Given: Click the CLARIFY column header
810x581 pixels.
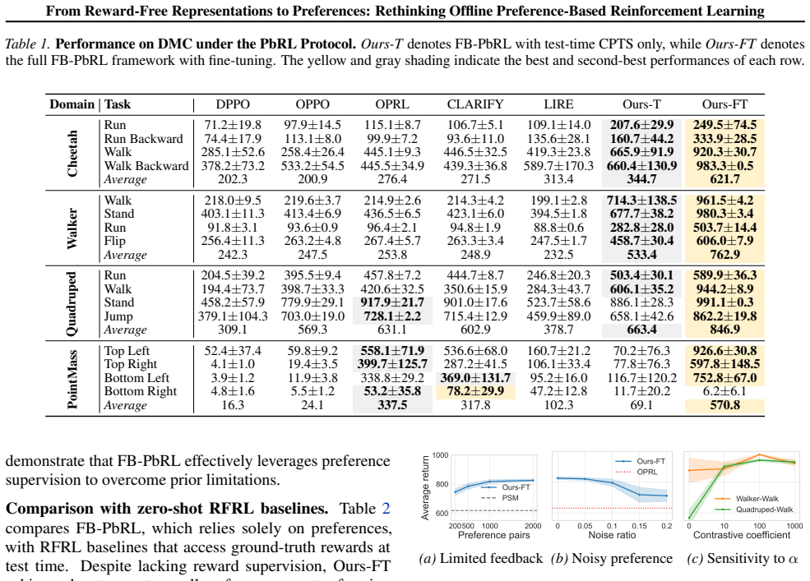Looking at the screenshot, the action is (474, 104).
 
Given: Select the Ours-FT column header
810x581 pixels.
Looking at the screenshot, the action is (724, 104).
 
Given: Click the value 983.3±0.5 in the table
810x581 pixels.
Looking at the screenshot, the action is (724, 166).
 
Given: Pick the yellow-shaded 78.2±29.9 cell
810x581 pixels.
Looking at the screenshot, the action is (475, 391).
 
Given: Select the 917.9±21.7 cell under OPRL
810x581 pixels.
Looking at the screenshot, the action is (392, 302).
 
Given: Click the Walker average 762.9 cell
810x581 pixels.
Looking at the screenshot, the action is (724, 255).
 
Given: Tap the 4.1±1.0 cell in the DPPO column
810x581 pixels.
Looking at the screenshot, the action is (233, 364).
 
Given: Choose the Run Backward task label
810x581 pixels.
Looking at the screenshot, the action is (144, 139).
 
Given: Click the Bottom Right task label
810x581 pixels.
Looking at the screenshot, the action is (141, 391).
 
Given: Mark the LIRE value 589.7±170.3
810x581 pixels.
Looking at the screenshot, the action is (558, 166).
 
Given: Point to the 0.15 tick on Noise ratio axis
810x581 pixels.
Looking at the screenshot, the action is (639, 526).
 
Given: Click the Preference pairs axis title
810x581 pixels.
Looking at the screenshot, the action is (494, 535).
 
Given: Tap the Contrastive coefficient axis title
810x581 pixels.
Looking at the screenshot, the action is (741, 535).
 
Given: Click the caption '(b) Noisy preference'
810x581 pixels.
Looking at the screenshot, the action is (612, 558).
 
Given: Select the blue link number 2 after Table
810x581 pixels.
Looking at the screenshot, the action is (386, 509).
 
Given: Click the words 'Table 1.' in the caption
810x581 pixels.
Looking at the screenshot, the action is (28, 44).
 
